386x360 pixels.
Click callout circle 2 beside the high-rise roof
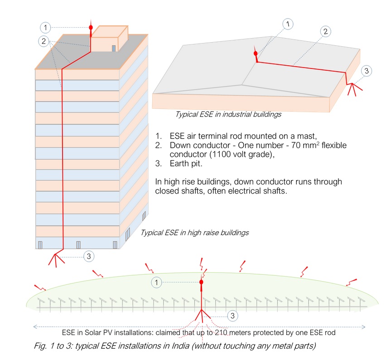(44, 41)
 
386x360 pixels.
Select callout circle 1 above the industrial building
(288, 24)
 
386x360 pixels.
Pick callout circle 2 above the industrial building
(324, 31)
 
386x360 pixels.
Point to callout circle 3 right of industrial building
(367, 71)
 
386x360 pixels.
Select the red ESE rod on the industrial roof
(256, 54)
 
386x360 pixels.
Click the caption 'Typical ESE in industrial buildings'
(228, 114)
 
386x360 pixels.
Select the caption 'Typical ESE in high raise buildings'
(195, 233)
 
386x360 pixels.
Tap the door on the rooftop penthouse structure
(114, 47)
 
